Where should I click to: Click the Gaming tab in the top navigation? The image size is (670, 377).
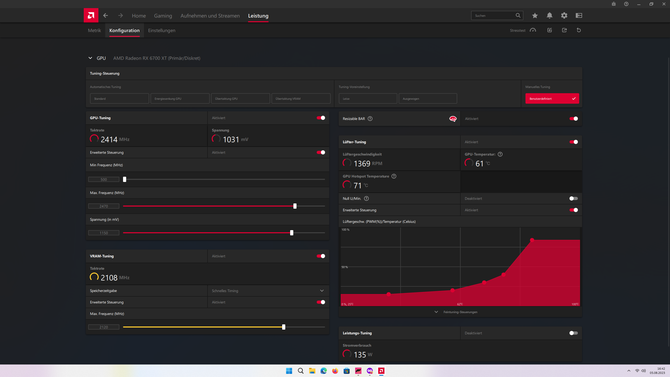click(163, 16)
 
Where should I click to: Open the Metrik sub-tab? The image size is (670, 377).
click(94, 30)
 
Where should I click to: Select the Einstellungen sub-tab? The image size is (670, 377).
click(161, 30)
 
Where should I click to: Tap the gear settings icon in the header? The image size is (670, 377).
click(564, 16)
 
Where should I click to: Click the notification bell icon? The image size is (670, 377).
click(549, 16)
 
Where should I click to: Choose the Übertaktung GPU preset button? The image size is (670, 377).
click(240, 99)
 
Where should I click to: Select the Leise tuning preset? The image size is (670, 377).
click(368, 99)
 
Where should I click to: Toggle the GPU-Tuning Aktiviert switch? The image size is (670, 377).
click(321, 118)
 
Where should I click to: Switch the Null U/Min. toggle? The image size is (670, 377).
click(573, 199)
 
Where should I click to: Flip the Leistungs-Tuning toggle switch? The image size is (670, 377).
click(573, 333)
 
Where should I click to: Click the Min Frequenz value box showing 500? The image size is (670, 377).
click(104, 180)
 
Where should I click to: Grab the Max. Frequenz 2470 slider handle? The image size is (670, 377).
click(295, 206)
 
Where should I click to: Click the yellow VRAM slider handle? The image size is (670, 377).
click(284, 327)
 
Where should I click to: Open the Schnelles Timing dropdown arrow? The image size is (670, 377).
click(322, 291)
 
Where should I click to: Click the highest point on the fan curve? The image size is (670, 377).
click(532, 240)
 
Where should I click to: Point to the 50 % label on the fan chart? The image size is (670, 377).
click(344, 267)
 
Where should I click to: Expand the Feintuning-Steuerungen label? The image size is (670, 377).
click(460, 312)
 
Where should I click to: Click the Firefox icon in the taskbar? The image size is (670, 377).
click(335, 371)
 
